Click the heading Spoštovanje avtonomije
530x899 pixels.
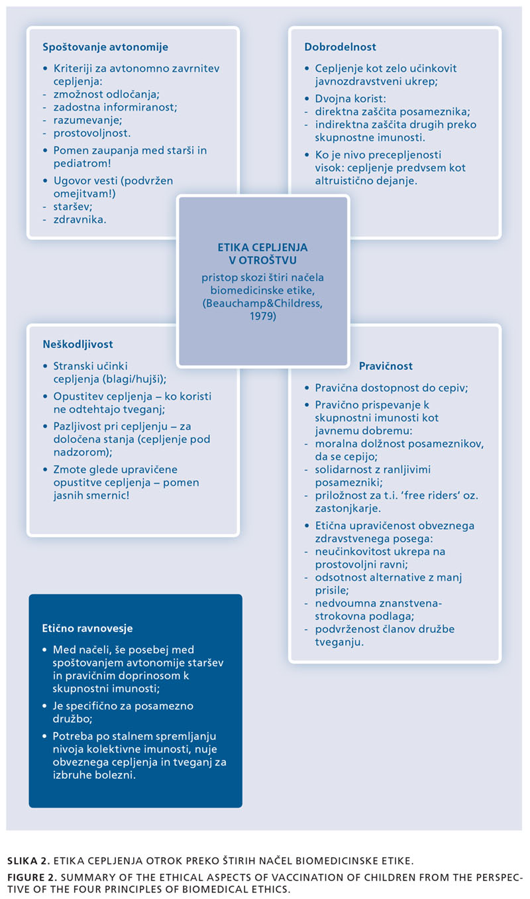[105, 47]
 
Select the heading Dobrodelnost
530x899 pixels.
[340, 47]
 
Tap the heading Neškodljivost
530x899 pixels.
[78, 344]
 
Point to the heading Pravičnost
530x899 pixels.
[386, 366]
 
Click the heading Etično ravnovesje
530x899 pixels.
[87, 628]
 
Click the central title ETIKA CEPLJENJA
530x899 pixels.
[262, 247]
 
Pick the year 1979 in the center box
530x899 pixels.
[263, 316]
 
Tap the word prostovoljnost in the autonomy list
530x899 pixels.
[92, 133]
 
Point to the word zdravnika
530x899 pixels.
[79, 219]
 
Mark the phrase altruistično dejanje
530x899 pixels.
[366, 181]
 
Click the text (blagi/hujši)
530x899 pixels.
[134, 379]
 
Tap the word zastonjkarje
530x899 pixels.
[348, 509]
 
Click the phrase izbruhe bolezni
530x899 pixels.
[94, 775]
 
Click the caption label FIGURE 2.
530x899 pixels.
[32, 877]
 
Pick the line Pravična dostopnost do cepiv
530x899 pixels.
[392, 388]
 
